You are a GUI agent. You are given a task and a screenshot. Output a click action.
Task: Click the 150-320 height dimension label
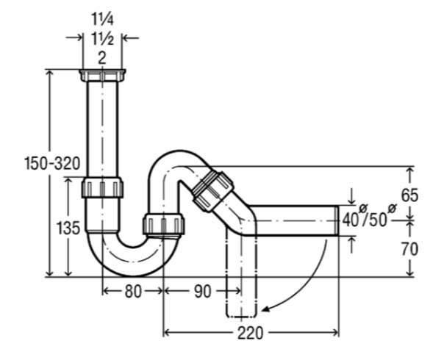52,163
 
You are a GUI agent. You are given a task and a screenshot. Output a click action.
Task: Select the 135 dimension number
68,228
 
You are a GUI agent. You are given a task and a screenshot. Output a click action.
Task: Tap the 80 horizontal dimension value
133,291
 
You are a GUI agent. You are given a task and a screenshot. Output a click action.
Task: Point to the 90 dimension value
202,291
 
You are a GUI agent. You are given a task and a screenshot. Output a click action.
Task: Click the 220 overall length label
251,333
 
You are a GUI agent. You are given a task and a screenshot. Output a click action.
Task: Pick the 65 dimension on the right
409,195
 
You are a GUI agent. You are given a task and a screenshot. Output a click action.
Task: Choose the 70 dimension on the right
409,249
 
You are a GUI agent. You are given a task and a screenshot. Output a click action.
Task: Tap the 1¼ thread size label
102,19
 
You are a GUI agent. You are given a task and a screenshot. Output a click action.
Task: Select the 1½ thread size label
102,38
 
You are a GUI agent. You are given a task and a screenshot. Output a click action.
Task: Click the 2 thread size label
102,58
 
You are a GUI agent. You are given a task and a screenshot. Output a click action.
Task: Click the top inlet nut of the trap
102,76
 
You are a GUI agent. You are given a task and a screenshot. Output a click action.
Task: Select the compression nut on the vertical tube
102,188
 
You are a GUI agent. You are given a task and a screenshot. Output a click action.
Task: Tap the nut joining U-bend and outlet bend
163,224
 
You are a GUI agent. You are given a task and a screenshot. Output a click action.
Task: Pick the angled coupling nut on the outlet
212,190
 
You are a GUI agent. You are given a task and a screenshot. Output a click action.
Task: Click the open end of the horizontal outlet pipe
337,220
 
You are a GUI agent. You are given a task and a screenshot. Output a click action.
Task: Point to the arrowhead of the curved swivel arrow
265,309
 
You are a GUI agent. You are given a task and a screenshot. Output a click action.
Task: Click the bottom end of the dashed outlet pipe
241,316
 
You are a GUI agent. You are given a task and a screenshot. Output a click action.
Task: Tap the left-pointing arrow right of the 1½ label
130,38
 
